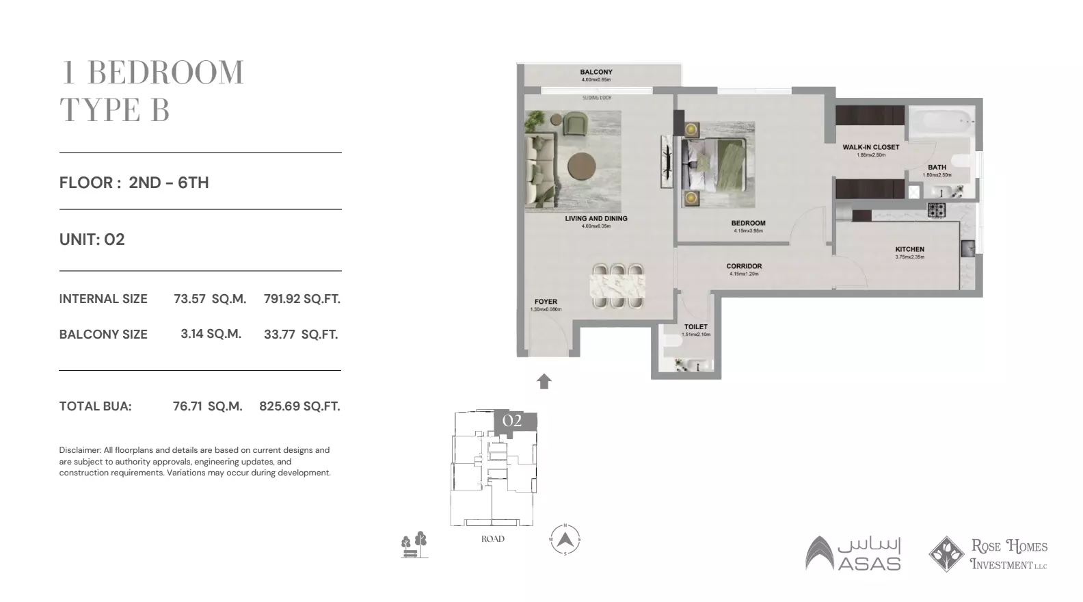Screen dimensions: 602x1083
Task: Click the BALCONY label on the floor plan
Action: point(596,72)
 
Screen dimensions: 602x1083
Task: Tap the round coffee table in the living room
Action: point(583,165)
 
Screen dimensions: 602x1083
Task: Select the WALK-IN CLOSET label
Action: point(870,147)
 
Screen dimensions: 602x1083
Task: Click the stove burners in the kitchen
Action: point(936,210)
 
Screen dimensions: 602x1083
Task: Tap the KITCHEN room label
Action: point(909,250)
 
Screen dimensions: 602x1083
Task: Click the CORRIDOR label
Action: point(744,266)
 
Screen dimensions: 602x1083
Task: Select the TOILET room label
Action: point(696,327)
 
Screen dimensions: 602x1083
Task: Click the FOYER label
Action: point(546,302)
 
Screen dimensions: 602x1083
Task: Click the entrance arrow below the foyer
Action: point(544,382)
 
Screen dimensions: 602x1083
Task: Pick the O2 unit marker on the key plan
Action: point(512,421)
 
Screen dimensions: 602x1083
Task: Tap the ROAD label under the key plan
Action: point(492,539)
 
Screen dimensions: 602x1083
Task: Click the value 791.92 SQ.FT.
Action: point(302,299)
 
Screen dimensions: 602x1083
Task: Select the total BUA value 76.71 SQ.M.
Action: point(207,406)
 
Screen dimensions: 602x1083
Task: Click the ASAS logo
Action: point(853,553)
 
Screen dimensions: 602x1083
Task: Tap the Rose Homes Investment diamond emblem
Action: point(946,553)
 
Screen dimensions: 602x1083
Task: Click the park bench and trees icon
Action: point(414,545)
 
